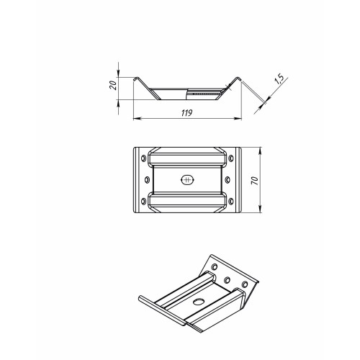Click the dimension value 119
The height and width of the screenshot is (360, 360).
pyautogui.click(x=187, y=113)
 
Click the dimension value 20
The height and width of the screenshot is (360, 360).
pyautogui.click(x=113, y=86)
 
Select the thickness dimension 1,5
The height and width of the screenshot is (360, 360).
pyautogui.click(x=279, y=79)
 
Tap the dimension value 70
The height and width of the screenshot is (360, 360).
pyautogui.click(x=255, y=180)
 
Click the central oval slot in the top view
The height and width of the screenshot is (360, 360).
pyautogui.click(x=187, y=180)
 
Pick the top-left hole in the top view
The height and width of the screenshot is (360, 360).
pyautogui.click(x=143, y=158)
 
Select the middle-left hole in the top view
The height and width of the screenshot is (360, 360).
pyautogui.click(x=148, y=180)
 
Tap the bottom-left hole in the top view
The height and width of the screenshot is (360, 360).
pyautogui.click(x=143, y=202)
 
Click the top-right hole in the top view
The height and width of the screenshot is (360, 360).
pyautogui.click(x=231, y=158)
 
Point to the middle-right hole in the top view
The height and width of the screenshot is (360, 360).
pyautogui.click(x=228, y=180)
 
